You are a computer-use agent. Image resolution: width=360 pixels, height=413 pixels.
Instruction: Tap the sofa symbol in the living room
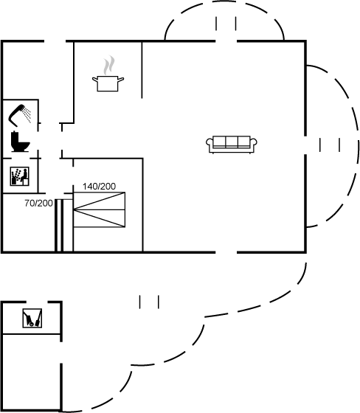point(232,145)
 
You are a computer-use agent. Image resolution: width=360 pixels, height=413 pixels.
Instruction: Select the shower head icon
point(20,115)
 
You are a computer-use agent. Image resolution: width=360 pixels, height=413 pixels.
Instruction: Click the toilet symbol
point(20,142)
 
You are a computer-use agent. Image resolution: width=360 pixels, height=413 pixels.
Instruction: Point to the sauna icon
point(19,176)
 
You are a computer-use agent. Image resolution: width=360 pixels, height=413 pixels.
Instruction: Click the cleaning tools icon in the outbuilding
point(32,318)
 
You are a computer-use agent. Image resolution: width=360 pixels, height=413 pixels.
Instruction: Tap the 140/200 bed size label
point(99,187)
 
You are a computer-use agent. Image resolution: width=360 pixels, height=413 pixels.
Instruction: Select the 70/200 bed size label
point(38,203)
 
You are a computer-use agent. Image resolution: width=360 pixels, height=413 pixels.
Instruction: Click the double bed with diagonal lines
point(99,209)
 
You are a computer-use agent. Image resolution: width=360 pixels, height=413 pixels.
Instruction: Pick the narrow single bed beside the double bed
point(64,226)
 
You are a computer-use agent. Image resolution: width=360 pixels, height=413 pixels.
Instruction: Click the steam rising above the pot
point(109,65)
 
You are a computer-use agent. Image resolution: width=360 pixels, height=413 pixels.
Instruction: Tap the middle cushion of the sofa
point(232,142)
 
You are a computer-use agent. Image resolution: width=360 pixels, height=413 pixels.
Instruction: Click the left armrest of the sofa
point(210,145)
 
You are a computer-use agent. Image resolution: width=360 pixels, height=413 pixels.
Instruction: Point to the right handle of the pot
point(121,79)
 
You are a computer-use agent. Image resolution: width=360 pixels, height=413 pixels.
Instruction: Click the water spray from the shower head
point(27,114)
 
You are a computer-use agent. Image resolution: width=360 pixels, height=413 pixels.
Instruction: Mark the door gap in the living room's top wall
point(226,41)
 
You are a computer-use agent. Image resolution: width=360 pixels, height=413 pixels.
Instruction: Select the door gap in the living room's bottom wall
point(226,252)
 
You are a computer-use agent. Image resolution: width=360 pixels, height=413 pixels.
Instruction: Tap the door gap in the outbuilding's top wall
point(37,302)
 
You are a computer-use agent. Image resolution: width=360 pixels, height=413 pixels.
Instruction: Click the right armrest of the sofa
point(254,145)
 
